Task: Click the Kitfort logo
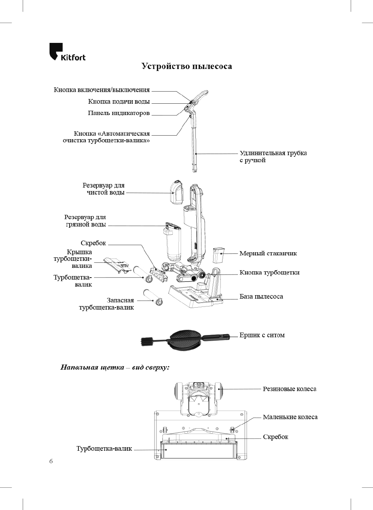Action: click(x=67, y=52)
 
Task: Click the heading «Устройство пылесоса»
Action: click(x=186, y=66)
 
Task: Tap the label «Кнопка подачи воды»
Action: click(x=119, y=101)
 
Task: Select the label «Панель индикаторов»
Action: click(x=119, y=113)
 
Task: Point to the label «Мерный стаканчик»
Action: click(x=268, y=253)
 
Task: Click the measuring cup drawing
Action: click(x=218, y=255)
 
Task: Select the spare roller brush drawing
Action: click(x=153, y=297)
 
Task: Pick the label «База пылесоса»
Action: click(x=261, y=297)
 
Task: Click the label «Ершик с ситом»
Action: click(x=262, y=335)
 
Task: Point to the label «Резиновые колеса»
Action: click(x=289, y=389)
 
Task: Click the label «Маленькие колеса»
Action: click(x=290, y=417)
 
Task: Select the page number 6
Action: click(x=51, y=461)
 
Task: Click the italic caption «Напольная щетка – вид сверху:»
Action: click(x=115, y=367)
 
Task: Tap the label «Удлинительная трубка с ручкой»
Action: click(x=273, y=156)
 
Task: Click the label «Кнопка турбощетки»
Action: click(x=269, y=273)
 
